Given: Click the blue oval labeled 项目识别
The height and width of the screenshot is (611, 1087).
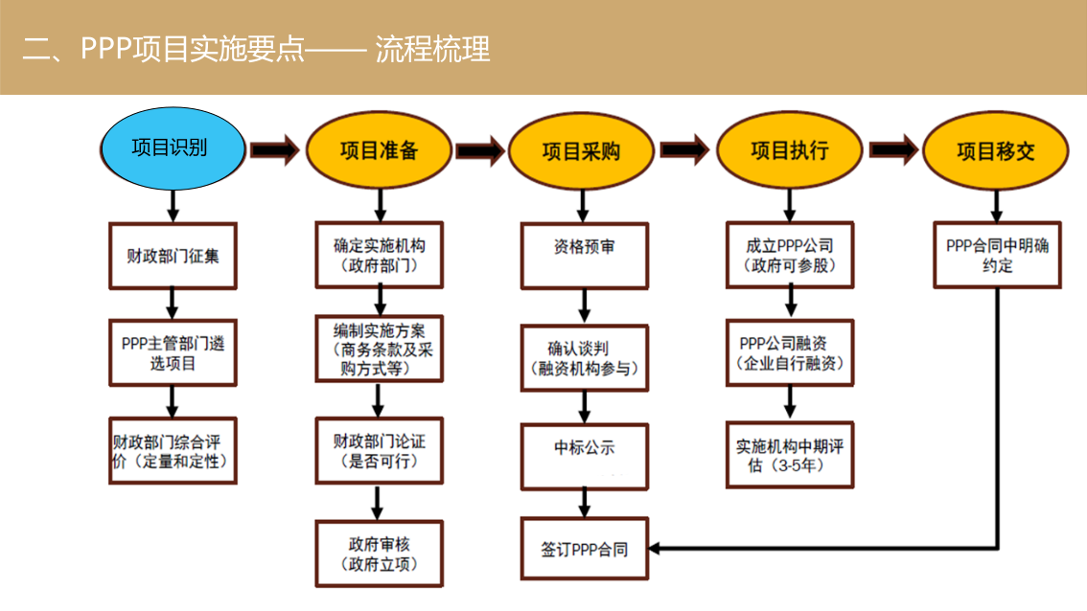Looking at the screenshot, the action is click(173, 148).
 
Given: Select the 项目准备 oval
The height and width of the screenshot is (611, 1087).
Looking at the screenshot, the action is click(379, 150).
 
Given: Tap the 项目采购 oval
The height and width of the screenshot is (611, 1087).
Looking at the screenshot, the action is click(581, 151).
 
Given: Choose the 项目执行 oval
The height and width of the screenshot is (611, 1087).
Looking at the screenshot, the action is click(789, 149).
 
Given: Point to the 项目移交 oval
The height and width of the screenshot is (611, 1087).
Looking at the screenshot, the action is click(996, 150).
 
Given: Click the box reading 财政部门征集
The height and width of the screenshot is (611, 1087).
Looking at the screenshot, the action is click(173, 256).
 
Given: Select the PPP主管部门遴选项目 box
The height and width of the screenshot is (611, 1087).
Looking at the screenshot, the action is click(173, 352).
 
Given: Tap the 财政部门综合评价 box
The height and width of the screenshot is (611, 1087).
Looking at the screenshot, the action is click(173, 450).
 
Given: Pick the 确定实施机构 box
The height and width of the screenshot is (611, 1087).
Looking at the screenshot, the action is click(380, 255).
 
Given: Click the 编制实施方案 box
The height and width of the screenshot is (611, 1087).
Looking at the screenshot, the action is click(380, 350).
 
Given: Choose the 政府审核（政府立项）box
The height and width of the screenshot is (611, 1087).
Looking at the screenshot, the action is click(380, 554).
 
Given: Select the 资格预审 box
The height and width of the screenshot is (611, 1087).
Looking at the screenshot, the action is click(585, 256).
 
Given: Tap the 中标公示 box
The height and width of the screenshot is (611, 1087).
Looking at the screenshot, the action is click(585, 457).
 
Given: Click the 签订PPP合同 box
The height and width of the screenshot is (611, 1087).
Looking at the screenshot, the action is click(585, 549).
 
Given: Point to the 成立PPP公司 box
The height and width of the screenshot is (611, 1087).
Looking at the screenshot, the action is click(790, 255).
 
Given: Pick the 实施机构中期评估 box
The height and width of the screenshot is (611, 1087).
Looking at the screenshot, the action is click(790, 455).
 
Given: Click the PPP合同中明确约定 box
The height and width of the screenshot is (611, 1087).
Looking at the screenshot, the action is click(997, 255).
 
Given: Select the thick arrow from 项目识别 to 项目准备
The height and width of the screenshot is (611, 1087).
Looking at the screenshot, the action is click(275, 150).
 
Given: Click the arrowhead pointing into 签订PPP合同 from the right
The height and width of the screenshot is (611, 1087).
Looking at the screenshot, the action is click(655, 549).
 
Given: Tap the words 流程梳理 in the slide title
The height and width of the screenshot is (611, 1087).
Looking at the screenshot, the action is click(432, 49).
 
